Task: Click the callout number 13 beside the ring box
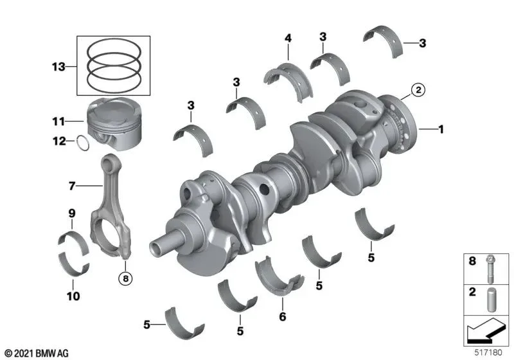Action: [58, 67]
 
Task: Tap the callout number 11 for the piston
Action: [58, 122]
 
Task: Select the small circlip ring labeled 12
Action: [83, 143]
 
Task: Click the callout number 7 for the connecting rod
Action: [72, 186]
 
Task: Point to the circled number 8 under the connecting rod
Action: [125, 279]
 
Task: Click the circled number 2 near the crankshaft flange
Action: [418, 90]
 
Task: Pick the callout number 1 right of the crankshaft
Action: [441, 129]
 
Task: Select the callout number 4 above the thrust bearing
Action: [288, 39]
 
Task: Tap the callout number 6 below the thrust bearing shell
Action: [283, 316]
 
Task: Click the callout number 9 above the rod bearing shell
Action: [72, 213]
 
